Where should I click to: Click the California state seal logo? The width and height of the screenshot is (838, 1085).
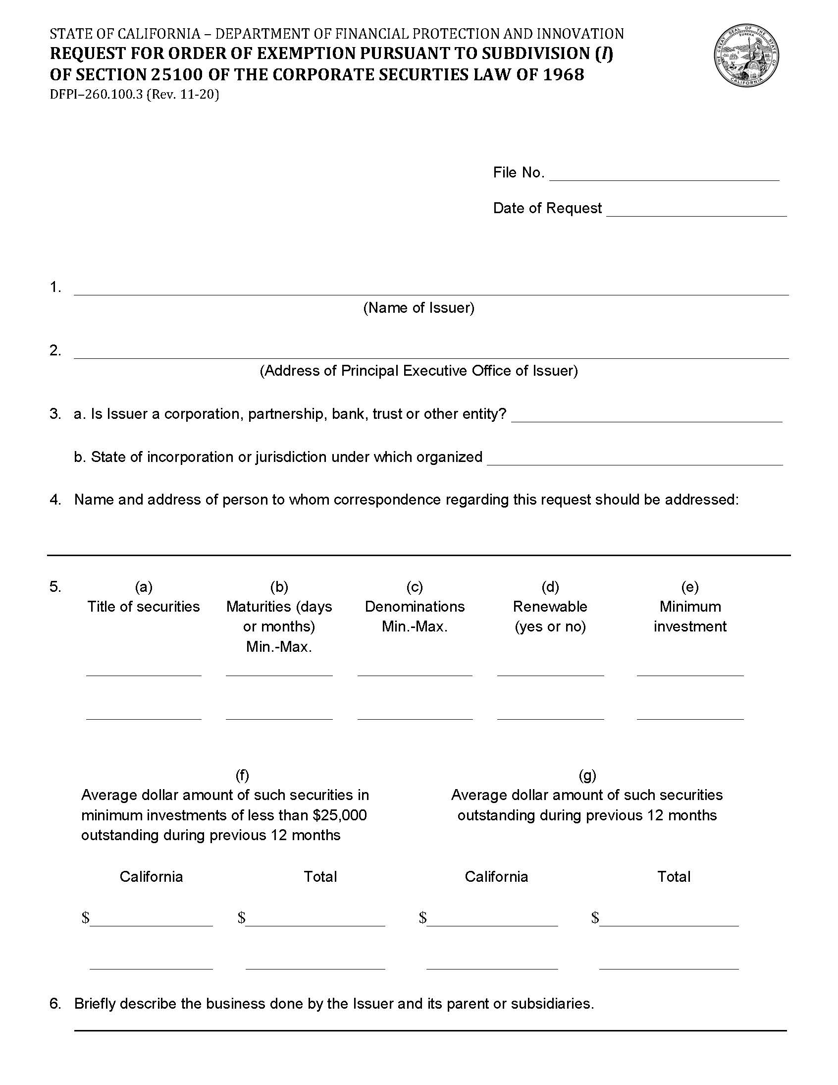(x=746, y=55)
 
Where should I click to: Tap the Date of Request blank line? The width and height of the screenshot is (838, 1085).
(x=696, y=210)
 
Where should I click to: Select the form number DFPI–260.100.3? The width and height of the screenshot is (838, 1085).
(x=96, y=94)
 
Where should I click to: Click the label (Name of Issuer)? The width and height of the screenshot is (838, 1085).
(x=419, y=308)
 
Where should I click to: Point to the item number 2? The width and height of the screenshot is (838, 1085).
(x=54, y=350)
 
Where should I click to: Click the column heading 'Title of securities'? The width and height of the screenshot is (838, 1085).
(x=144, y=607)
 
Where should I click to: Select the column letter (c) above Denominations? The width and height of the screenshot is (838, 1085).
(x=415, y=587)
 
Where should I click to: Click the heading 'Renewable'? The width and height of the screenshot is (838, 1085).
(x=550, y=607)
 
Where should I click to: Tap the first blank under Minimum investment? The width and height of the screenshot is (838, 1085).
(x=689, y=671)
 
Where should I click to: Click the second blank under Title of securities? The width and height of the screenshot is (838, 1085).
(x=144, y=714)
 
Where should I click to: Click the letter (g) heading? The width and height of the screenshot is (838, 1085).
(x=587, y=775)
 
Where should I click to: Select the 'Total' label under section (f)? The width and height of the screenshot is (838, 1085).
(x=320, y=876)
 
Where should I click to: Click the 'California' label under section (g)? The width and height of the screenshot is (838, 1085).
(x=496, y=876)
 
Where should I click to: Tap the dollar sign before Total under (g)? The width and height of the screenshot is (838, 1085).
(x=595, y=917)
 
